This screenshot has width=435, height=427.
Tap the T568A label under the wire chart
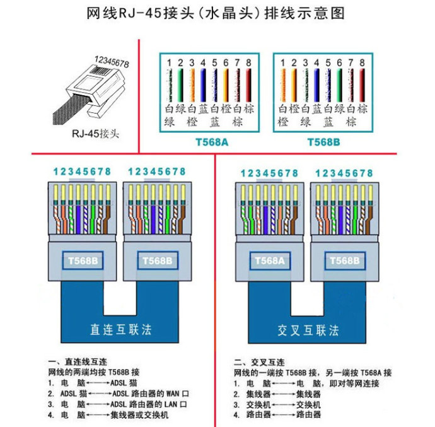tap(212, 143)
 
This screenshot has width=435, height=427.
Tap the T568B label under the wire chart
tap(323, 143)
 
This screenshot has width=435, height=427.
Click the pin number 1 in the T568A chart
tap(169, 63)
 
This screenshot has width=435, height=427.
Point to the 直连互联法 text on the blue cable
tap(120, 329)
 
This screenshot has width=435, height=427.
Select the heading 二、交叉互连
tap(259, 363)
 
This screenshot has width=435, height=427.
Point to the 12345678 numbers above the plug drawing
tap(111, 62)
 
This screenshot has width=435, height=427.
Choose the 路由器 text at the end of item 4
tap(308, 415)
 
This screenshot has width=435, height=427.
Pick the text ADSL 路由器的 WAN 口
tap(150, 393)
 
